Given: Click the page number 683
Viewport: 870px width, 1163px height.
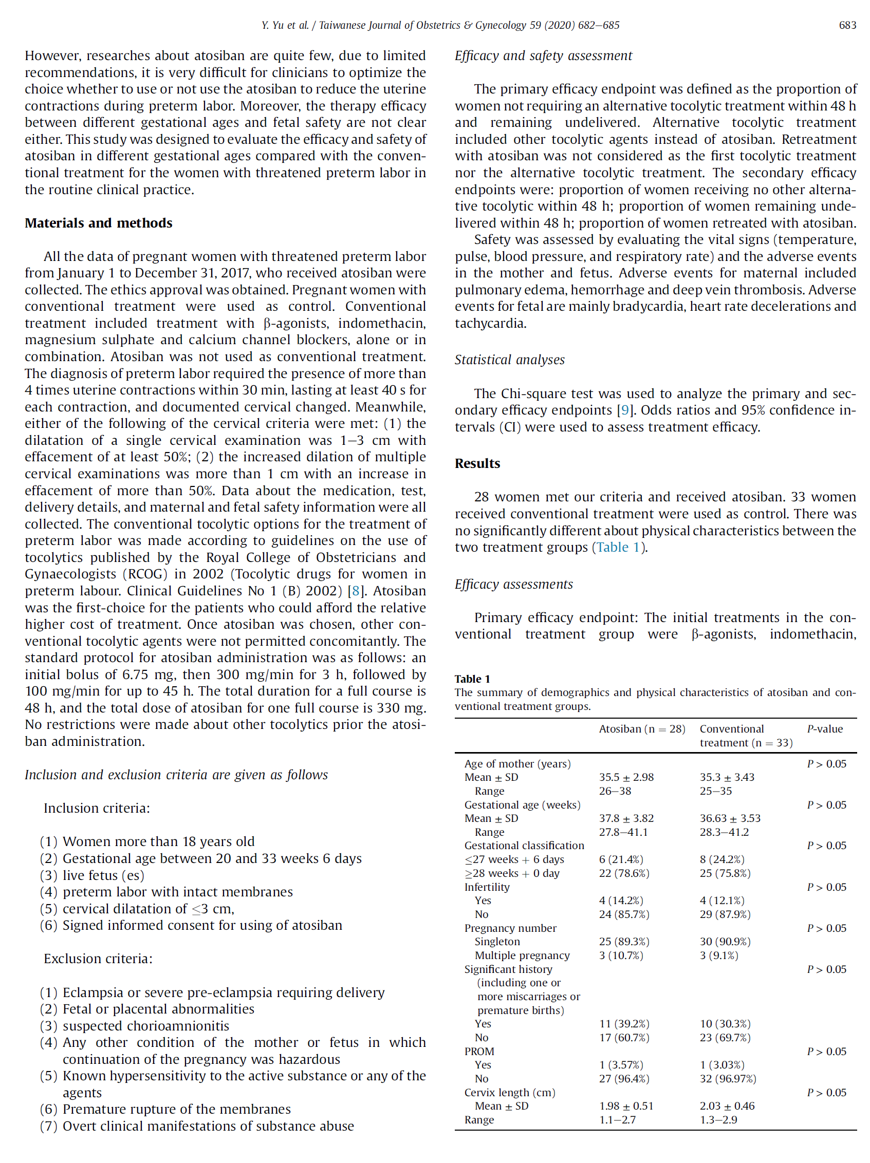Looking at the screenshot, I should [847, 25].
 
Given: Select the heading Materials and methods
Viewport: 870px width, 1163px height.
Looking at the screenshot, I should [98, 223].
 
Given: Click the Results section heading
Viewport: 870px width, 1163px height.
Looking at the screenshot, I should [477, 463].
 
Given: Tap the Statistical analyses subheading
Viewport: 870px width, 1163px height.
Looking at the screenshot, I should [509, 360].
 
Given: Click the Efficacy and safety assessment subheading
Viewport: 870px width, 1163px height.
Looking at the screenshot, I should [543, 55].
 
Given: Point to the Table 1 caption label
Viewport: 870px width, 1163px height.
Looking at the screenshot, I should [472, 679].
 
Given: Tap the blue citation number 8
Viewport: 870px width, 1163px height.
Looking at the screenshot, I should [356, 591].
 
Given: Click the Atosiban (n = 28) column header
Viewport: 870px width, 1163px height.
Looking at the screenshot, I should [642, 729].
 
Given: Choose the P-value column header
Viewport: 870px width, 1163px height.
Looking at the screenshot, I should [824, 729].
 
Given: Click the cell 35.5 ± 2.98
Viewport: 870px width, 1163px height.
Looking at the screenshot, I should [626, 777].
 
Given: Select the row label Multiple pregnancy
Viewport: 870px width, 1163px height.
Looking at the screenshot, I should [522, 955].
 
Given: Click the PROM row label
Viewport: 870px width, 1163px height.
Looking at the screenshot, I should [478, 1051].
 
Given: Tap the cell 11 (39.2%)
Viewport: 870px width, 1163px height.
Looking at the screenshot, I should [624, 1024].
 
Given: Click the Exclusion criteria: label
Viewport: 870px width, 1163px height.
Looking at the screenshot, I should [98, 959].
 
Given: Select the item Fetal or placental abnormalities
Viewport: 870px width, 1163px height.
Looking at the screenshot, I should [158, 1009].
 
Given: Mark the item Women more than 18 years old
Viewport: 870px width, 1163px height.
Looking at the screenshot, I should [158, 841].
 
